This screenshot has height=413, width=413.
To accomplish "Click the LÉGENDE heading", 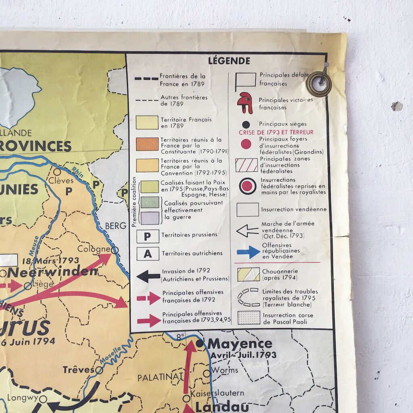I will click(x=229, y=61).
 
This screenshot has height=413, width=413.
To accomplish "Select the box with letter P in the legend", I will click(x=147, y=236).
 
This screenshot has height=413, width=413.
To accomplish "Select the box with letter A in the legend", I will click(x=147, y=254).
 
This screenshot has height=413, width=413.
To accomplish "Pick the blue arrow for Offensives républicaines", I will click(x=248, y=251).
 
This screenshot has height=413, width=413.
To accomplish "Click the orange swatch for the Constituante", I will click(x=147, y=144).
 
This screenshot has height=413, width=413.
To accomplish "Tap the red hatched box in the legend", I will click(x=246, y=165).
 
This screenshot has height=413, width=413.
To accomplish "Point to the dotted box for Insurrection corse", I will click(x=248, y=317).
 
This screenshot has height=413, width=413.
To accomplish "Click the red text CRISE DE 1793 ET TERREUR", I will click(x=276, y=132).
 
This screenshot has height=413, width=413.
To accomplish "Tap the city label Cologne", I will click(x=94, y=248).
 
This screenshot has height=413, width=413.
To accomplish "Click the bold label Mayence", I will click(x=240, y=344).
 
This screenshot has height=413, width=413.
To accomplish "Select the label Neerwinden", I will click(x=52, y=271).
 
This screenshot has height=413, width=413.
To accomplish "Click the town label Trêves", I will click(x=78, y=369).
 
